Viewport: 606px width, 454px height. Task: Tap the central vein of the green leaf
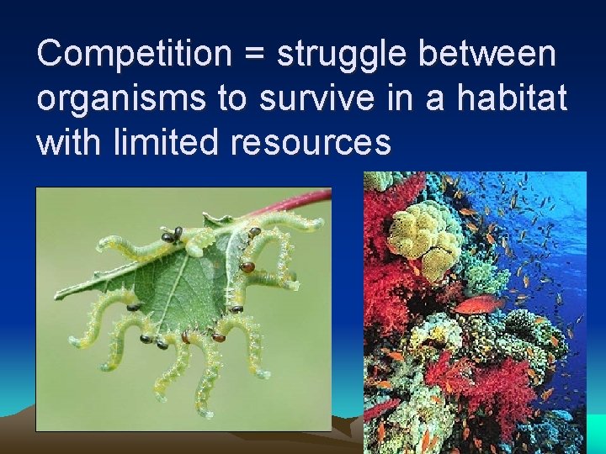(181, 286)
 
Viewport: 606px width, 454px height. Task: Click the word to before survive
(230, 99)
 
